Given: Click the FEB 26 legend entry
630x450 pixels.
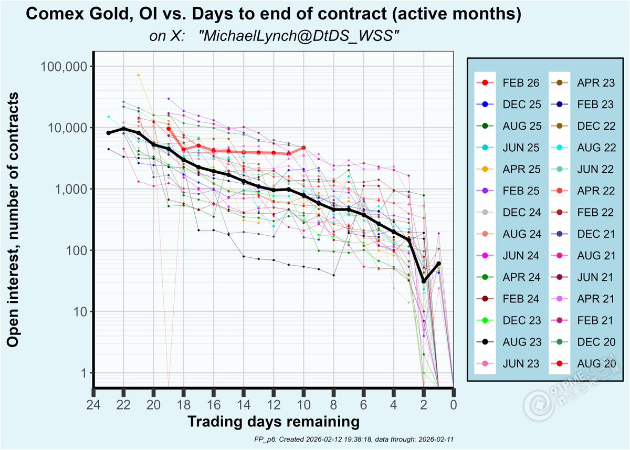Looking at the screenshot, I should [x=506, y=83].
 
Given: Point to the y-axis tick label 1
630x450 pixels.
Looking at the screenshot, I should [x=83, y=373].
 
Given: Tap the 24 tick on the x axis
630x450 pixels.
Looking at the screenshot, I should [x=93, y=405].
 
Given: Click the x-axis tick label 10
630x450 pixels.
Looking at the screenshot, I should [x=303, y=405].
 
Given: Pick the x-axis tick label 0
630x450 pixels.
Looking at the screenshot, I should [x=453, y=405].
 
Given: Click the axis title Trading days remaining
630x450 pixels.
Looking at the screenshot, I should [x=273, y=422].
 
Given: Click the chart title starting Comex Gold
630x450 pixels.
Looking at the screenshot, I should [x=273, y=15].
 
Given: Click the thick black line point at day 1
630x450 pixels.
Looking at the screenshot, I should [x=438, y=264].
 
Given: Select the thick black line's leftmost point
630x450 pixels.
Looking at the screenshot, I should [x=109, y=133].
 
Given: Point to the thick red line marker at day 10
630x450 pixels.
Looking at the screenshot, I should [x=303, y=148].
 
